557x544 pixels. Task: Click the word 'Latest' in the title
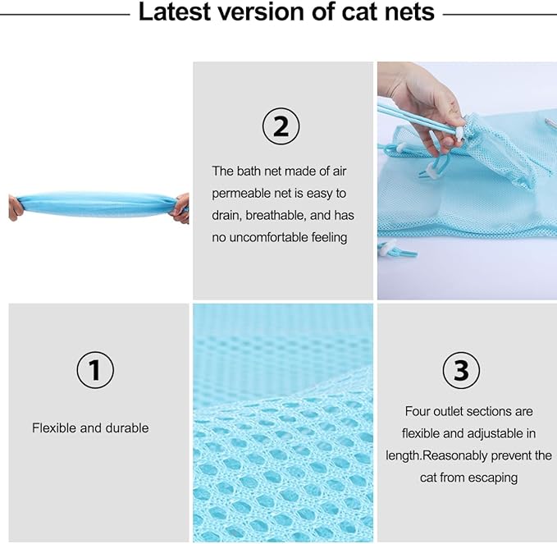point(174,13)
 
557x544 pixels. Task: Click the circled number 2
point(281,126)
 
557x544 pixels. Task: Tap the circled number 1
point(95,371)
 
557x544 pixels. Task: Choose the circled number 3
point(462,371)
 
